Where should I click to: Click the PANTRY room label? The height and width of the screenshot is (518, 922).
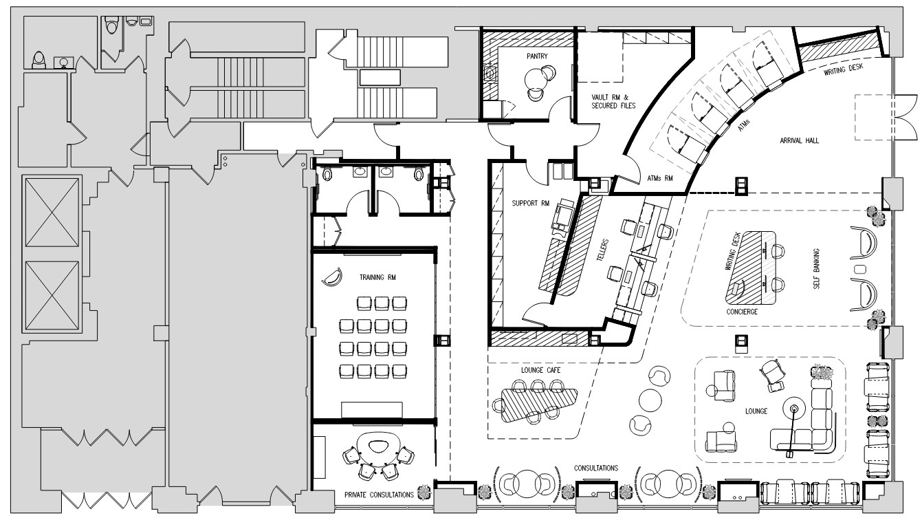537,56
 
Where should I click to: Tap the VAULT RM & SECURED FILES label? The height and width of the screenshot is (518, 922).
613,102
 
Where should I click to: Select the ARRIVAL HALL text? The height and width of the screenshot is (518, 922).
800,140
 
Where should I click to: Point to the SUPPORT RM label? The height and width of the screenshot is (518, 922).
531,203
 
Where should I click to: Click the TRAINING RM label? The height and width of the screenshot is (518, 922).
377,277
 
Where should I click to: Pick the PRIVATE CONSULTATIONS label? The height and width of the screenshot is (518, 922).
379,495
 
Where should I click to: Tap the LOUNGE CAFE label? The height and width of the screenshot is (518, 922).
541,370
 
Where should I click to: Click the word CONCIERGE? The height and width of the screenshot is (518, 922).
742,312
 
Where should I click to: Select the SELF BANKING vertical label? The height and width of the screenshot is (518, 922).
817,268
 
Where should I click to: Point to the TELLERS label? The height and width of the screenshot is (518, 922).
602,250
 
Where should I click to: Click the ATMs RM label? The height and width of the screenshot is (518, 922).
660,178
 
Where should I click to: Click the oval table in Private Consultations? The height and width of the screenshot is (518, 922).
378,449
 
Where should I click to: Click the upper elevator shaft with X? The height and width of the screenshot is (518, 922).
52,213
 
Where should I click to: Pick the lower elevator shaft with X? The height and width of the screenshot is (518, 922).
52,296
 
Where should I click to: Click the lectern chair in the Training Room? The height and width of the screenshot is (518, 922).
332,277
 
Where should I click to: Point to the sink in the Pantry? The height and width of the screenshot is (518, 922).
490,74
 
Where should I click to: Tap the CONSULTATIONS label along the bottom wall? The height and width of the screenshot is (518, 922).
596,468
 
